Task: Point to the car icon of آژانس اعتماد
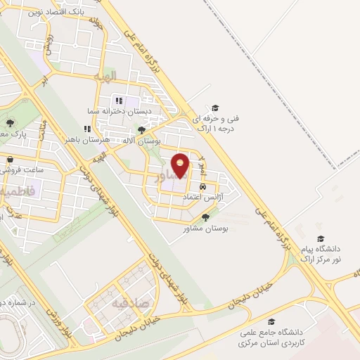[203, 188]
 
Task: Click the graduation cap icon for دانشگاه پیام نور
[321, 239]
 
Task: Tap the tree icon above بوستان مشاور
[205, 217]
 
